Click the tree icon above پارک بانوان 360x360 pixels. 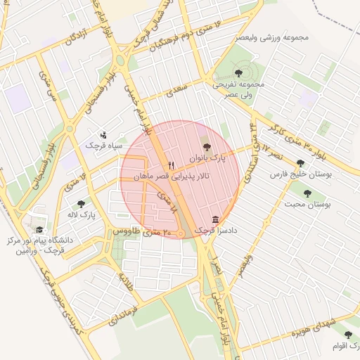pyautogui.click(x=206, y=146)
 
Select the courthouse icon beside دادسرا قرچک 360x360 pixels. pyautogui.click(x=214, y=219)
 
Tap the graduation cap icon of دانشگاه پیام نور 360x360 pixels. pyautogui.click(x=39, y=230)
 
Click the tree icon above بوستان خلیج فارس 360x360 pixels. pyautogui.click(x=301, y=163)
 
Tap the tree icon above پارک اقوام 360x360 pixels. pyautogui.click(x=348, y=335)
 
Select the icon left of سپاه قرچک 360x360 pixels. pyautogui.click(x=104, y=135)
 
